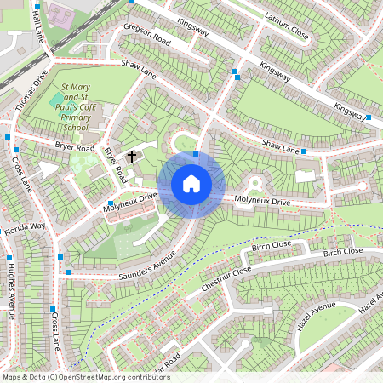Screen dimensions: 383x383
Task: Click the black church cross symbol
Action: point(132,156)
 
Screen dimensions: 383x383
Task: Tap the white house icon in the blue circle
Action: point(191,183)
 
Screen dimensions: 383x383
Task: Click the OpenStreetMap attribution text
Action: point(85,376)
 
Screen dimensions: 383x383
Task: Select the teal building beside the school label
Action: point(55,99)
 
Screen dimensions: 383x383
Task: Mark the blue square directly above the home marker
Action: point(196,154)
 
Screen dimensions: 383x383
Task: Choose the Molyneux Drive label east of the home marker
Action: point(262,201)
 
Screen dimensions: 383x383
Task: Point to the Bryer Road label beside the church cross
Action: point(114,165)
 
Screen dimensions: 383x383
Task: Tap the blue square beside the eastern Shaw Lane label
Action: point(304,151)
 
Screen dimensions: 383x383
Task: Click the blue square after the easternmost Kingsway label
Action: point(369,117)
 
